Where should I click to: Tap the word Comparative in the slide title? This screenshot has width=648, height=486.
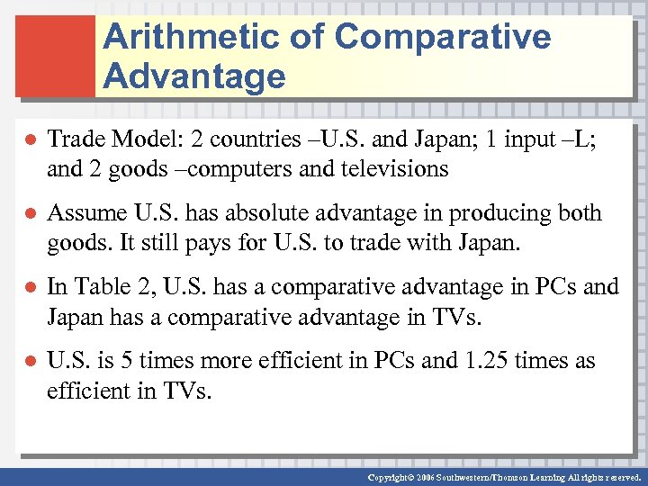pyautogui.click(x=443, y=38)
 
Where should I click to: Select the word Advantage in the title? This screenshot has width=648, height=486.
pyautogui.click(x=194, y=76)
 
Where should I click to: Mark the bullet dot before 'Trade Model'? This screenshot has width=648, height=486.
pyautogui.click(x=30, y=140)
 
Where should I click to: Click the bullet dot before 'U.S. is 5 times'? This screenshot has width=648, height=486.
pyautogui.click(x=30, y=362)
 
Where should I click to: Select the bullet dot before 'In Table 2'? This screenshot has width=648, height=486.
pyautogui.click(x=30, y=288)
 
